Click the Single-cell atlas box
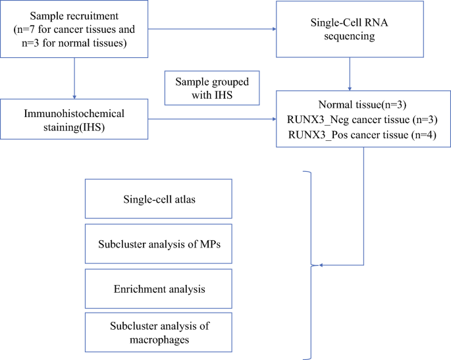158,199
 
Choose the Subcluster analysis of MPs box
158,244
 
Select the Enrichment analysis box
158,288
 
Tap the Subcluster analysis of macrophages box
158,332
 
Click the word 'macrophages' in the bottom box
158,340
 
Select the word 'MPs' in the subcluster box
210,244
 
